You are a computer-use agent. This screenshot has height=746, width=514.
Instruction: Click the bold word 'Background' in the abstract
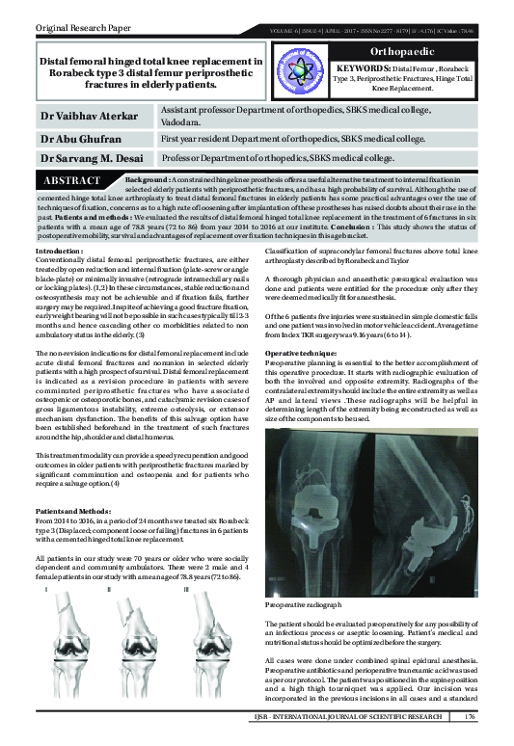click(x=152, y=180)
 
